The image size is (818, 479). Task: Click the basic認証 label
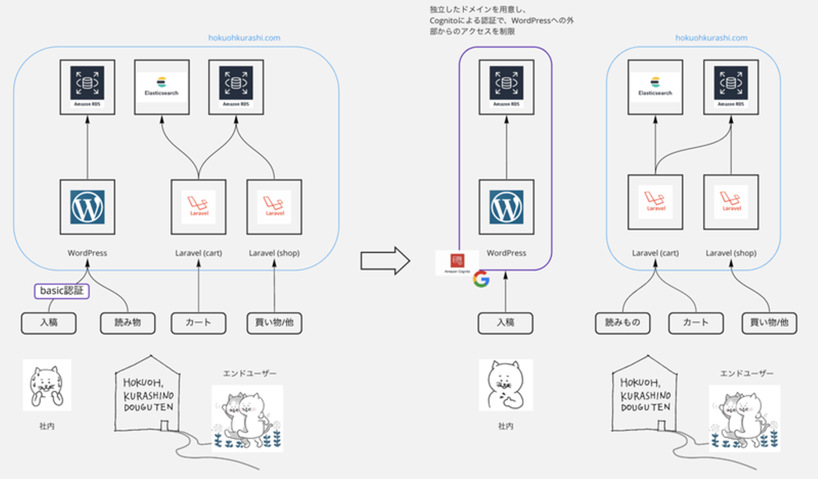(61, 291)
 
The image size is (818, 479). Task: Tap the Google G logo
(481, 279)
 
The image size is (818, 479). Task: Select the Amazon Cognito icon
(457, 262)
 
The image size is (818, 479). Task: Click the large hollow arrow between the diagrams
(385, 261)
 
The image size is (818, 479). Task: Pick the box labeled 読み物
(127, 322)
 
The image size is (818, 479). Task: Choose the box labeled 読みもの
(623, 322)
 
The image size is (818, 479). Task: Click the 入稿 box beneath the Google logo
(506, 322)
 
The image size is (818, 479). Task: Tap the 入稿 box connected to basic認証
(49, 322)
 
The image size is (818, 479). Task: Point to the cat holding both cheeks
(47, 385)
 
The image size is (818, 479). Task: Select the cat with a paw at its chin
(506, 385)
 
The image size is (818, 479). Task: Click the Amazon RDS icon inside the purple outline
(506, 87)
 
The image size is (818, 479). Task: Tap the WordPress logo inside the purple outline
(506, 207)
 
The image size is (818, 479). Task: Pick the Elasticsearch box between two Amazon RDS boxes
(161, 87)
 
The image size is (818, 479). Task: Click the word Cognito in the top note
(444, 20)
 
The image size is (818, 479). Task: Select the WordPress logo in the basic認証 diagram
(87, 207)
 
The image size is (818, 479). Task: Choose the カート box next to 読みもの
(695, 322)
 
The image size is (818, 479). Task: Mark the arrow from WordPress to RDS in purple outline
(506, 148)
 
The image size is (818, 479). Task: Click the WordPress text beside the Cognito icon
(506, 253)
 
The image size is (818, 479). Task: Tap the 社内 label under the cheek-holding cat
(47, 426)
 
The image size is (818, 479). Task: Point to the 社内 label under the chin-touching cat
(506, 426)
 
